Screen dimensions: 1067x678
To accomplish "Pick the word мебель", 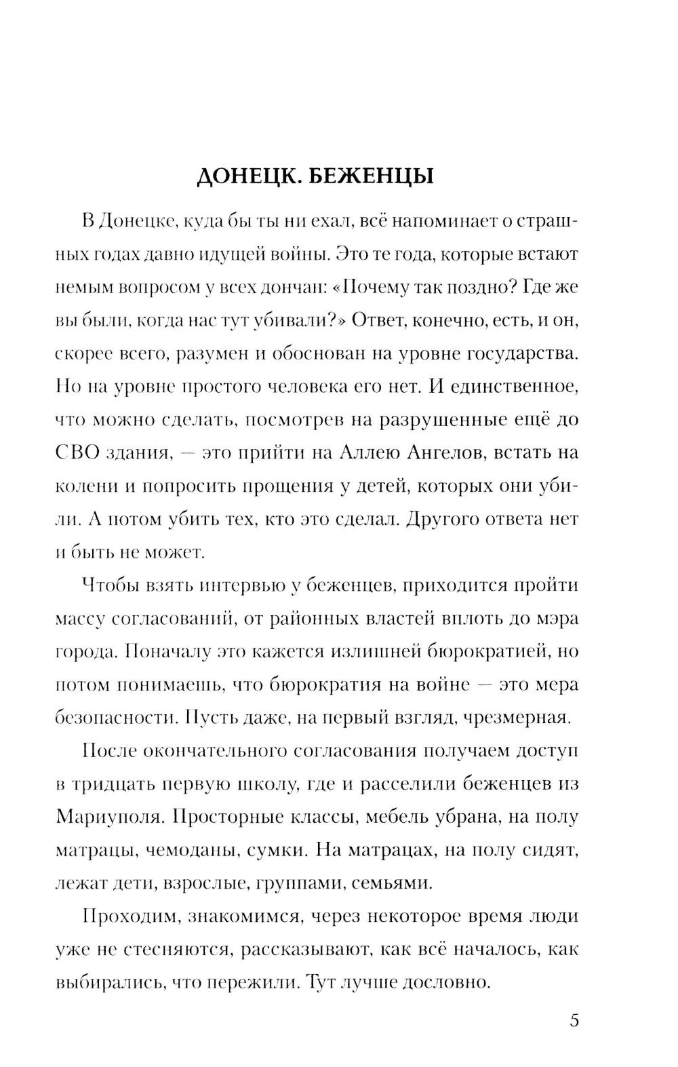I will pyautogui.click(x=396, y=817).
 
